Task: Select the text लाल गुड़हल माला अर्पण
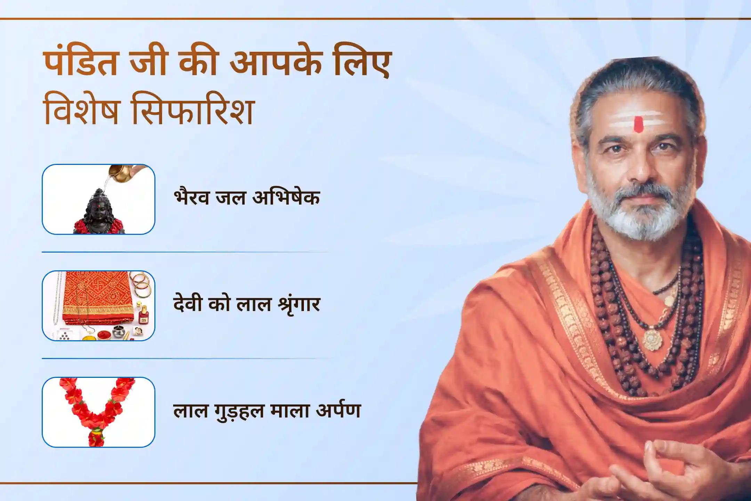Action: (x=267, y=411)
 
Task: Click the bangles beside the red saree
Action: (x=141, y=283)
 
